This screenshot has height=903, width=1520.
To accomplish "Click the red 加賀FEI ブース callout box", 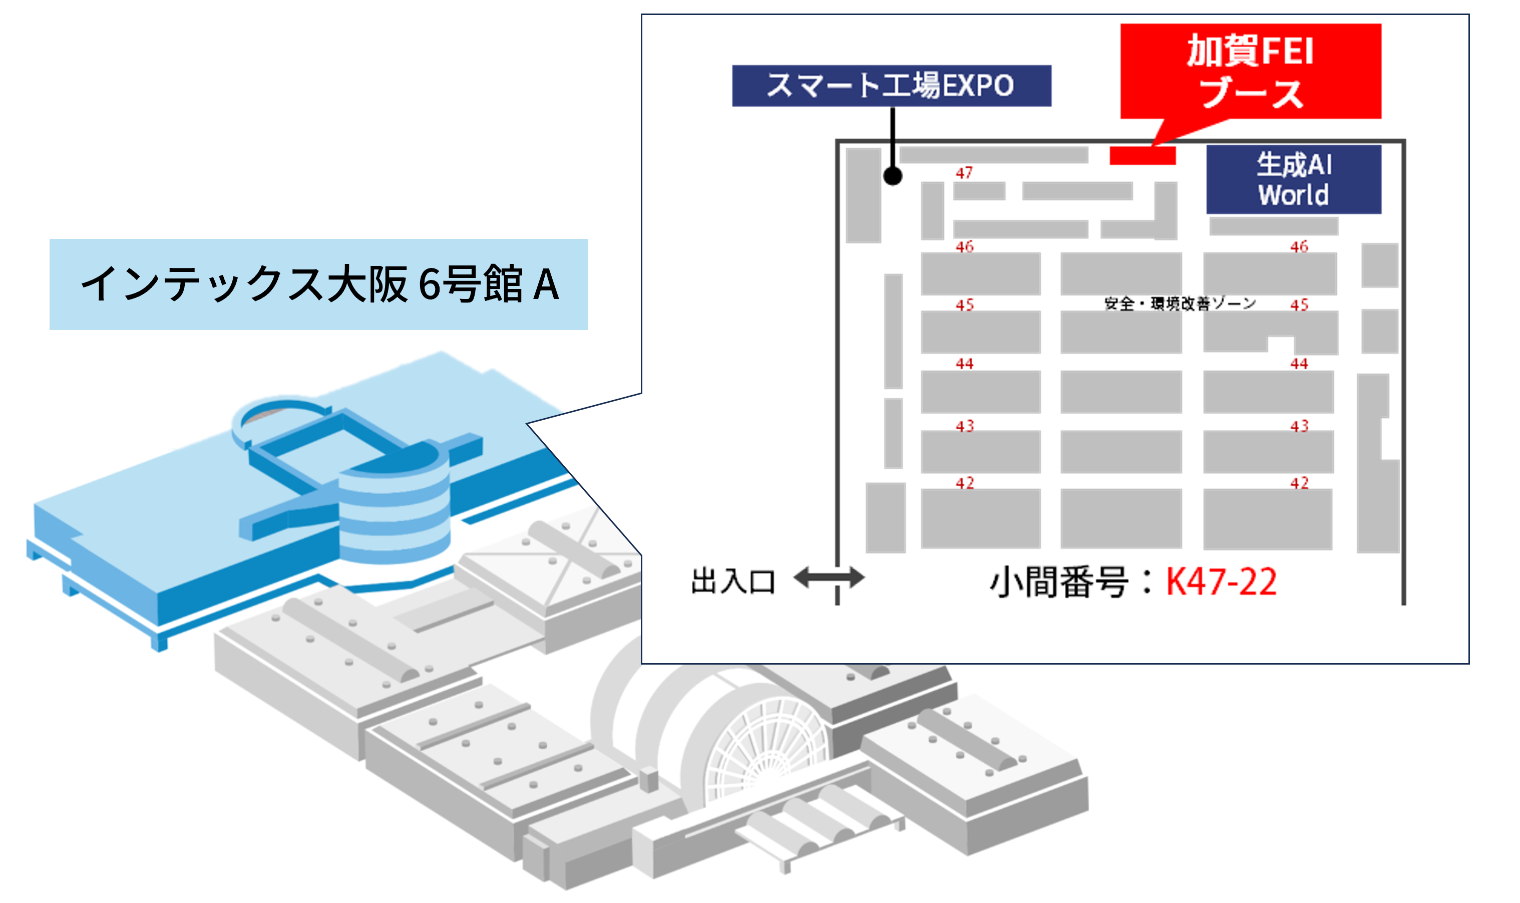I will click(x=1250, y=71).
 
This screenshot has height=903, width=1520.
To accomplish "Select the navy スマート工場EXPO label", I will click(x=891, y=86).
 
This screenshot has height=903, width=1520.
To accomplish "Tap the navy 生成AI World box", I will click(x=1293, y=179).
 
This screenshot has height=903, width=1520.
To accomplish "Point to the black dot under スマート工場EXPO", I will click(x=892, y=176).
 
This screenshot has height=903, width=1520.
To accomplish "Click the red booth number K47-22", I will click(x=1221, y=582).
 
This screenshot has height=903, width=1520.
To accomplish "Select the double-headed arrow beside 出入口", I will click(x=829, y=577).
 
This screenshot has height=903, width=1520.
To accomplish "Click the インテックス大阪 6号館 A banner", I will click(x=318, y=284).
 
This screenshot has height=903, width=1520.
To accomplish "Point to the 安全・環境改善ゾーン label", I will click(x=1180, y=304).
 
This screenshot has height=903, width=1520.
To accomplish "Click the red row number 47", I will click(x=964, y=173).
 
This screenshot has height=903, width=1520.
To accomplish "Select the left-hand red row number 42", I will click(x=965, y=483).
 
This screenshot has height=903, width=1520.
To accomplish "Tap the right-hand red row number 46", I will click(x=1299, y=246).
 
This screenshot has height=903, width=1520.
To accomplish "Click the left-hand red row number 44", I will click(x=965, y=364).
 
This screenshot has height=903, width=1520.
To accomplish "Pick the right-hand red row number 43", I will click(x=1299, y=426).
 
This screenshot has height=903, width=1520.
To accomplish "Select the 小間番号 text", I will click(x=1059, y=582).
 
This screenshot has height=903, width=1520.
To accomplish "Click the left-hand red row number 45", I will click(x=965, y=305).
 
